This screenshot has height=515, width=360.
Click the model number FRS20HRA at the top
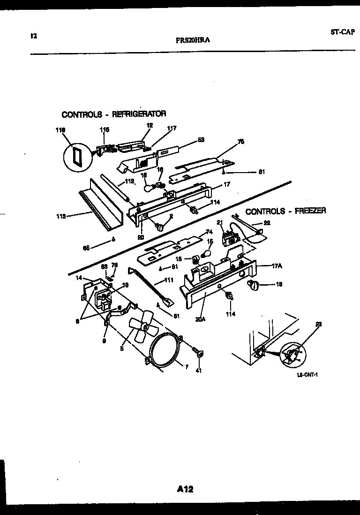tap(192, 40)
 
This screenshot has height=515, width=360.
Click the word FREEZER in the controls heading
tap(307, 211)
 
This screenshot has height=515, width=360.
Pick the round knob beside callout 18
tap(253, 284)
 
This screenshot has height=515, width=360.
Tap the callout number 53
tap(201, 139)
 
